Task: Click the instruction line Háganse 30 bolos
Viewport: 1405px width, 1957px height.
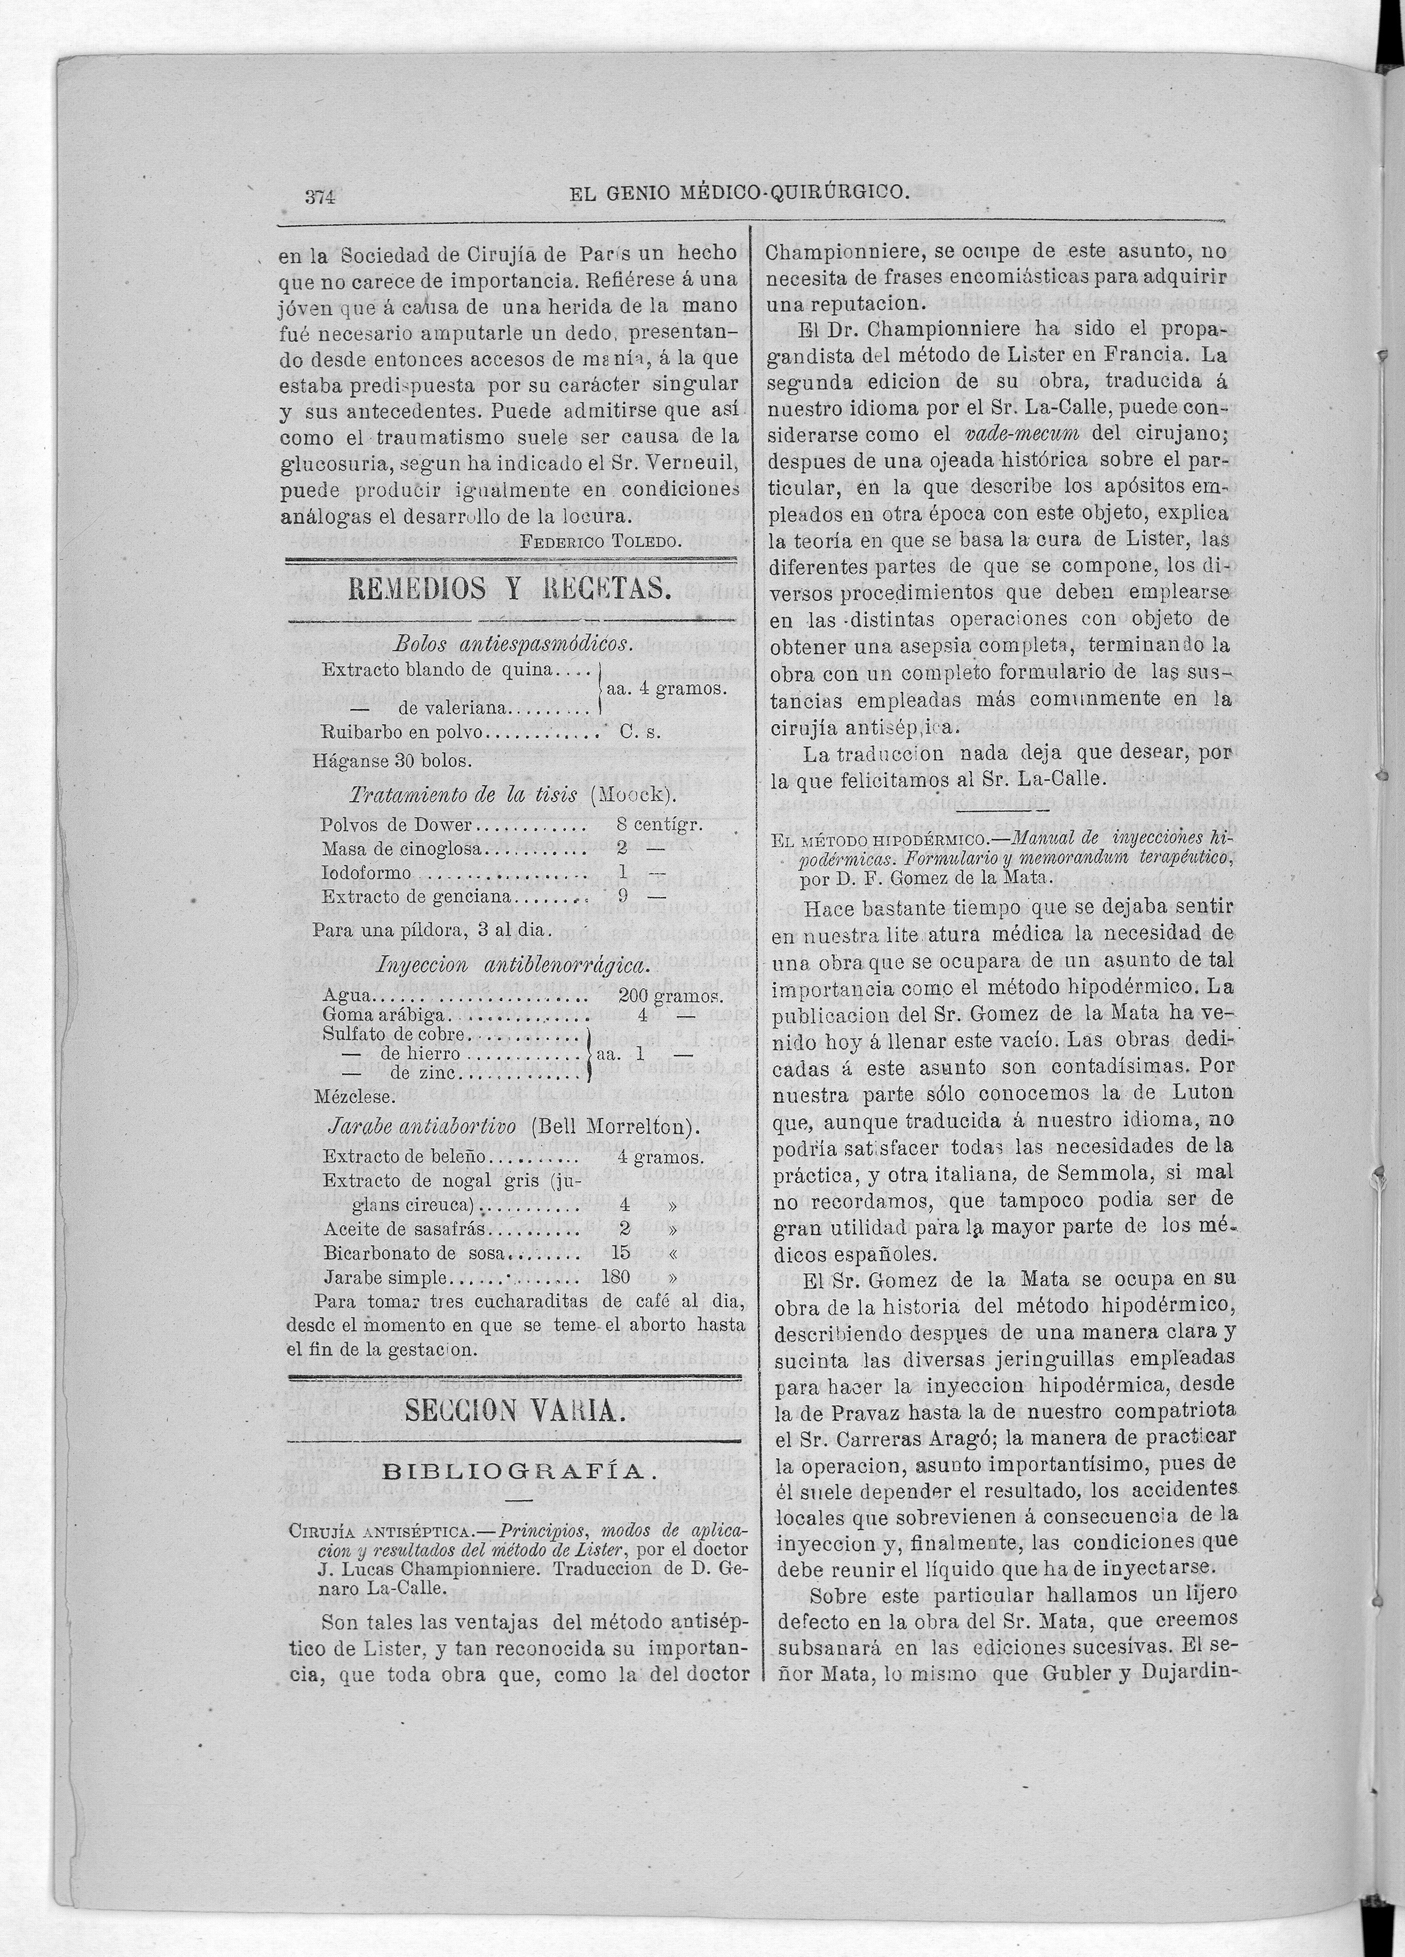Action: tap(392, 761)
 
